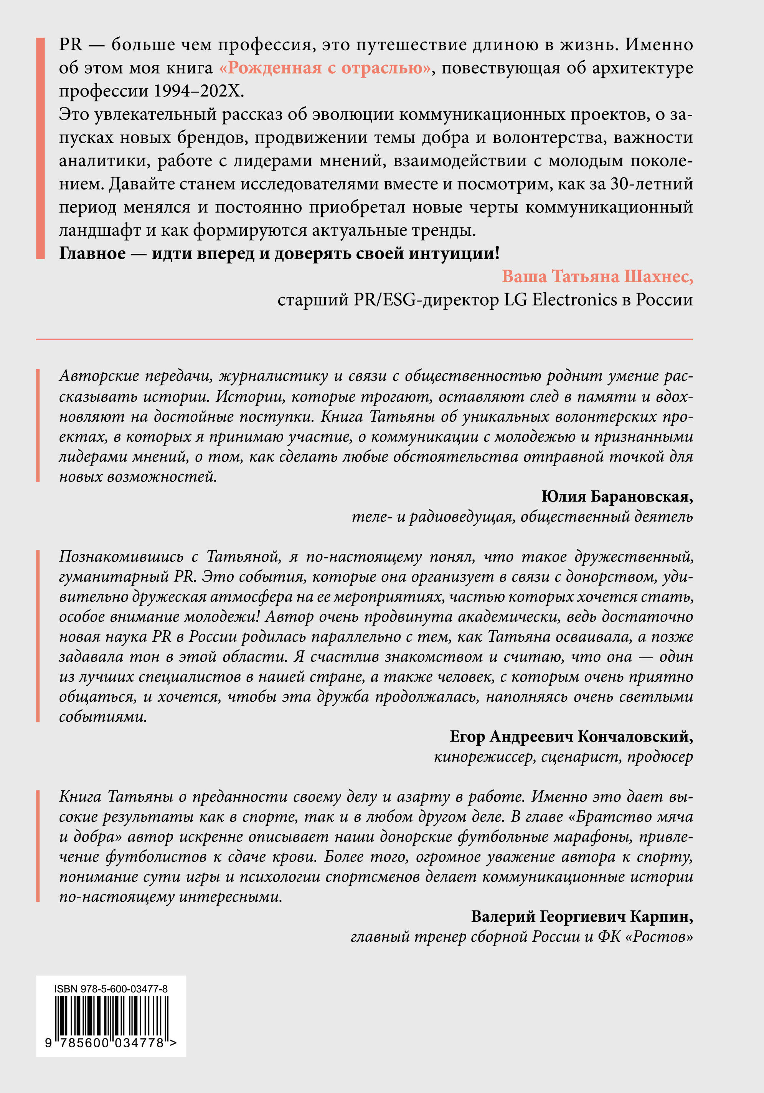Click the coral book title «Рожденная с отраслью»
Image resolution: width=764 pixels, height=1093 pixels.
click(x=325, y=68)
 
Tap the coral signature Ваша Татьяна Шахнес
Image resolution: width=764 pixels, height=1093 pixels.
click(x=597, y=277)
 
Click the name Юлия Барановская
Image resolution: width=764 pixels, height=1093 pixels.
click(x=617, y=497)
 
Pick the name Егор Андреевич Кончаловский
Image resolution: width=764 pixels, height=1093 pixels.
click(x=571, y=737)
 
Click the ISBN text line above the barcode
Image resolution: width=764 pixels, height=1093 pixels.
click(x=111, y=989)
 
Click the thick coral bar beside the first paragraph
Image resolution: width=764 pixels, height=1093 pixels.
click(x=40, y=148)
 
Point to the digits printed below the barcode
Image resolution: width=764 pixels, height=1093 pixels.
click(x=110, y=1043)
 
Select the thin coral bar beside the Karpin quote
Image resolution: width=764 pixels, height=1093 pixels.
click(x=38, y=847)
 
